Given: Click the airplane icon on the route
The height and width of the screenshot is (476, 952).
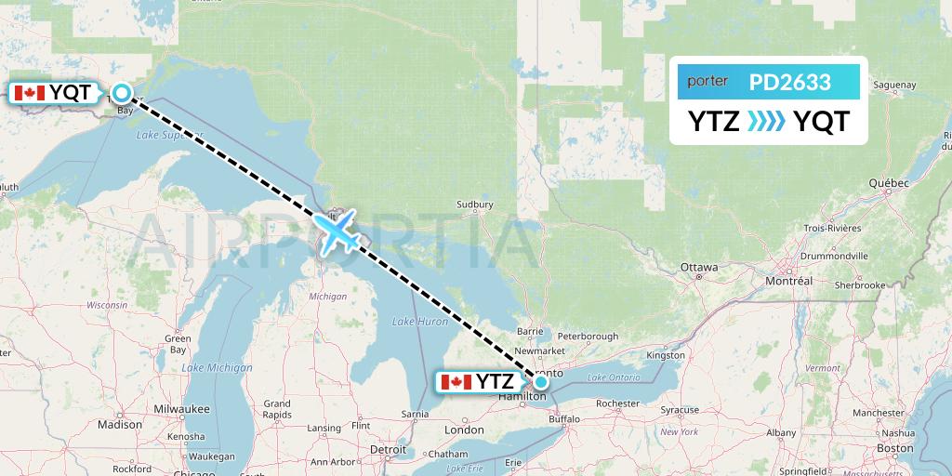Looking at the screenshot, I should click(336, 231).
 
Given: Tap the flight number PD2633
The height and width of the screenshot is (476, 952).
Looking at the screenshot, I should click(790, 82).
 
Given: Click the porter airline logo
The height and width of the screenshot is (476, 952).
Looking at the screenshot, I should click(707, 82).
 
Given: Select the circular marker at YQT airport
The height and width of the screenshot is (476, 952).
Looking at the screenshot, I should click(121, 92).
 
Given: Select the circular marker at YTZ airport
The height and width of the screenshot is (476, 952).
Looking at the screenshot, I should click(540, 380).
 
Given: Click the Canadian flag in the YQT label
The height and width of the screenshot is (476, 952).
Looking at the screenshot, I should click(29, 92).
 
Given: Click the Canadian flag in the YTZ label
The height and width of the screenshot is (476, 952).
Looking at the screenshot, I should click(456, 381).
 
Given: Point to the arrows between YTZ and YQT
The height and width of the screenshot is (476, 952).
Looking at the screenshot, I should click(767, 122).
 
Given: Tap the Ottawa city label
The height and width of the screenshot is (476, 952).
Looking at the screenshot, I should click(698, 268).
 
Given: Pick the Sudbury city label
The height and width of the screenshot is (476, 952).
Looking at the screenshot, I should click(474, 205).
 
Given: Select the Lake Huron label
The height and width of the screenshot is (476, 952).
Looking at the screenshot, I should click(420, 322).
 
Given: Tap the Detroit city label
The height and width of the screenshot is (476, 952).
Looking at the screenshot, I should click(387, 449).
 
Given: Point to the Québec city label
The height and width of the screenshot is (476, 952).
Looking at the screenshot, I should click(888, 183).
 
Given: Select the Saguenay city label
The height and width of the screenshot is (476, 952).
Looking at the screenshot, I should click(895, 86).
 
